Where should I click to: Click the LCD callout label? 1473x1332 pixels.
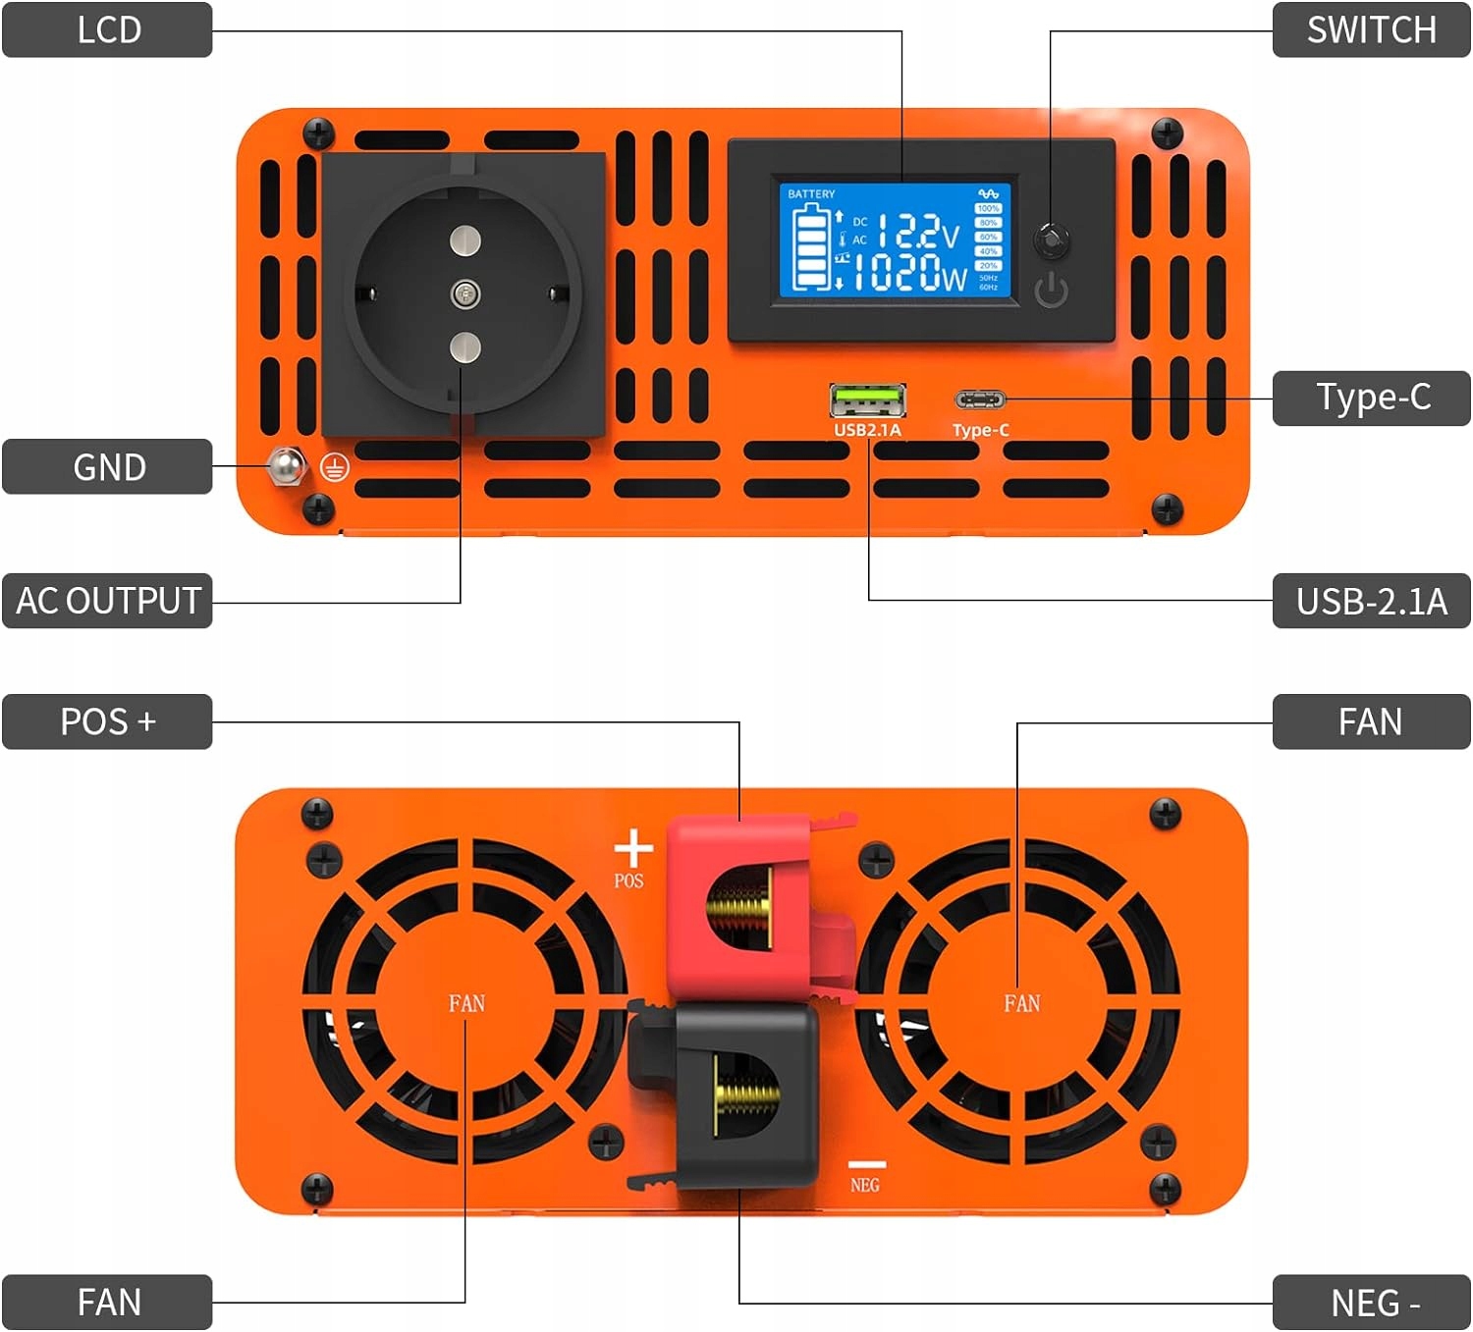pos(107,29)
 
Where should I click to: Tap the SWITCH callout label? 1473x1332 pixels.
pos(1371,29)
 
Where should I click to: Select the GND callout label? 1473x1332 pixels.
pos(107,466)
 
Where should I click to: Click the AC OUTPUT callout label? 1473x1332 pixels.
pos(107,600)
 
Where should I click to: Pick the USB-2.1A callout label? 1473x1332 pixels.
pos(1371,600)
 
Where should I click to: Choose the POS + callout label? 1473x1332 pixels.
pos(107,721)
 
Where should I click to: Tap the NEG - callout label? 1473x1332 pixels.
pos(1371,1303)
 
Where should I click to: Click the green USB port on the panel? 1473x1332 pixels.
pos(867,401)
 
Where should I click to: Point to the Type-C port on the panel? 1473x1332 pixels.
pos(980,400)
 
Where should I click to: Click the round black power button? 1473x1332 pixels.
pos(1052,239)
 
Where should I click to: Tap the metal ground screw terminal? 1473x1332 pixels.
pos(286,466)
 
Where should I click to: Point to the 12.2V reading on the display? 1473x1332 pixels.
pos(917,232)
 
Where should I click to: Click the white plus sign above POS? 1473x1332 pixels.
pos(633,849)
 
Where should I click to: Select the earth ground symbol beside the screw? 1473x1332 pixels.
pos(334,468)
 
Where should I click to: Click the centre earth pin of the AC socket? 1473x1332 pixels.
pos(464,293)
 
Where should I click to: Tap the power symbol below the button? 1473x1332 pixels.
pos(1052,291)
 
